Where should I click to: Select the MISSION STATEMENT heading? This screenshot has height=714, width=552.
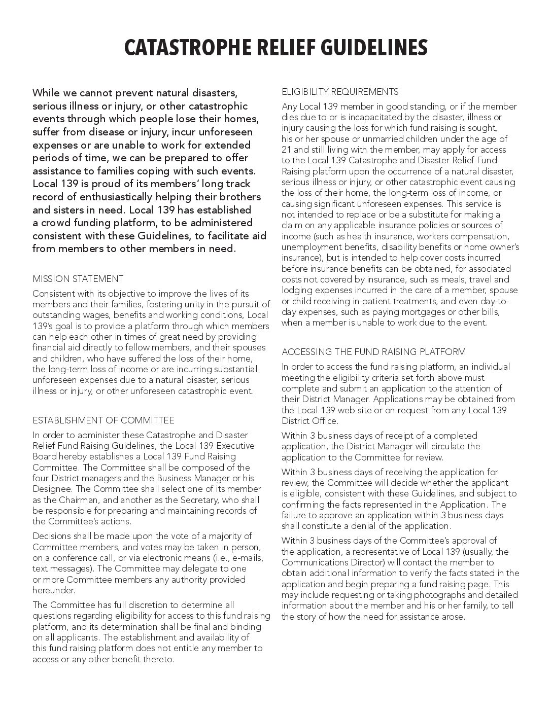pyautogui.click(x=78, y=279)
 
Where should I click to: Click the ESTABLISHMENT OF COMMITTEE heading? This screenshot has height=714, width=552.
pyautogui.click(x=103, y=420)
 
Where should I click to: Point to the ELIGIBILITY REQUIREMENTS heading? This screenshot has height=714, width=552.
pyautogui.click(x=340, y=92)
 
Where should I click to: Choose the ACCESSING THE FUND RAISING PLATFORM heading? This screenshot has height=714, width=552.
pyautogui.click(x=373, y=352)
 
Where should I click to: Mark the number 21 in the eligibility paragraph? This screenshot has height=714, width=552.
pyautogui.click(x=286, y=150)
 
